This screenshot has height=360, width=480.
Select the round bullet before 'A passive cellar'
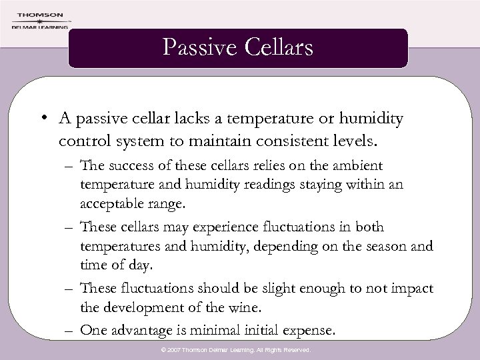(x=41, y=119)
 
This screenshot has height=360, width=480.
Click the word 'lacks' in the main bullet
(x=193, y=119)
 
